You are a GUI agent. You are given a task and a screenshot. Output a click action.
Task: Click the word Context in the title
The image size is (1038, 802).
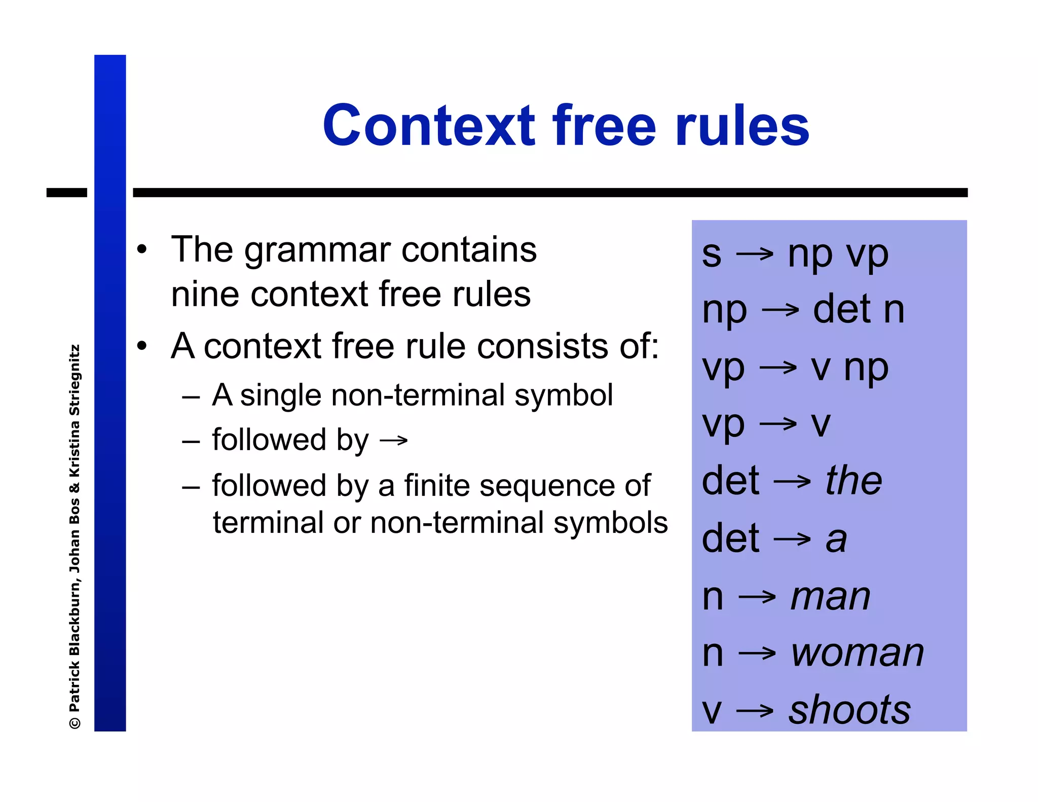tap(429, 126)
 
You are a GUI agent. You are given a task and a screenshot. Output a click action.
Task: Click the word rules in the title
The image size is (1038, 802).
tap(742, 126)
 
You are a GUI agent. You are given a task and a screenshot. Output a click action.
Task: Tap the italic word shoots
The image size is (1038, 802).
tap(850, 710)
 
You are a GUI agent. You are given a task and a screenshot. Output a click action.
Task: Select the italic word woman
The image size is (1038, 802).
tap(858, 653)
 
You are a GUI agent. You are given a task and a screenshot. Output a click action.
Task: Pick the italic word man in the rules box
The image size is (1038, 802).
tap(831, 597)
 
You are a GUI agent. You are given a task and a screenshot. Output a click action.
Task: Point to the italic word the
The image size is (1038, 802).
tap(854, 481)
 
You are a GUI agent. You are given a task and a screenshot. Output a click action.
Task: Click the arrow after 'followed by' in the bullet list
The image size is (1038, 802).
tap(394, 440)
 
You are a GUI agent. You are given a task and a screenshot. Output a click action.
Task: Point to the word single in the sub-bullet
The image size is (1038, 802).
tap(280, 395)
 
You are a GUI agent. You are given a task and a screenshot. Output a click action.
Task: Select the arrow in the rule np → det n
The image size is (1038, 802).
tap(781, 310)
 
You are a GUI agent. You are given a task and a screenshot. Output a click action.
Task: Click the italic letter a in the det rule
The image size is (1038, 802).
tap(836, 539)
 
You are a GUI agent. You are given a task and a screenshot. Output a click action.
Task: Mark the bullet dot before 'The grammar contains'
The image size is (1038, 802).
tap(142, 249)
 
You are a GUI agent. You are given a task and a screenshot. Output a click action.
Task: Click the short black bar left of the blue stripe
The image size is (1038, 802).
tap(66, 193)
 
